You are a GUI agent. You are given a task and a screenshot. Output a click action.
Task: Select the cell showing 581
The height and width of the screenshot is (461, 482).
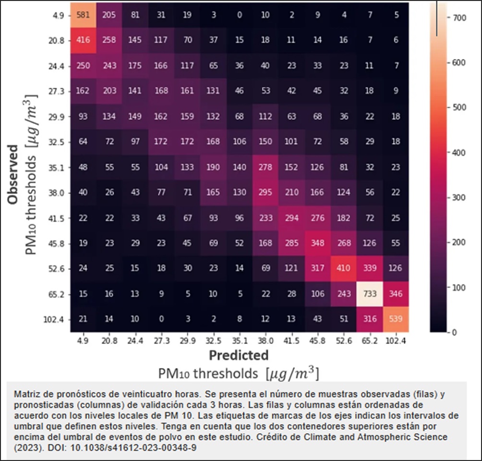pos(84,15)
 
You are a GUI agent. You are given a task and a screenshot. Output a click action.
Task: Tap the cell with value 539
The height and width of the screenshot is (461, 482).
pos(397,319)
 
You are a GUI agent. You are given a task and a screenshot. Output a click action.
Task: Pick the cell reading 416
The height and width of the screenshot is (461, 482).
pos(84,40)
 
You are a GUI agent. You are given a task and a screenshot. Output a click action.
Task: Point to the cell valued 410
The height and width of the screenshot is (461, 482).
pos(345,268)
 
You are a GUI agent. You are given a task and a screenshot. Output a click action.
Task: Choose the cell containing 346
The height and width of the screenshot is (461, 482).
pos(397,294)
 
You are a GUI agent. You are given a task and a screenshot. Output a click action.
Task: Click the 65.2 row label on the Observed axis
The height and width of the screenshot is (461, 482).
pos(60,294)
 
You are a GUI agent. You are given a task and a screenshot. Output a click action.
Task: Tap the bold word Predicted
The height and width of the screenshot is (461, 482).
pos(239,355)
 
